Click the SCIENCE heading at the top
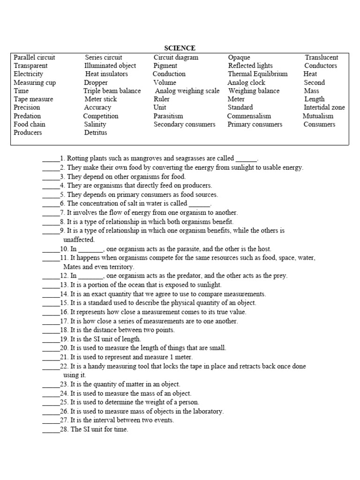point(180,48)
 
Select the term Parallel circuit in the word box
point(34,57)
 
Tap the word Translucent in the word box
point(322,57)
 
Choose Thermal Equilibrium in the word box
point(258,74)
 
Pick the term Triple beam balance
point(112,91)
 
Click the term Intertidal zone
point(324,107)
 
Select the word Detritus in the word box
point(96,133)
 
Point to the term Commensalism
point(249,116)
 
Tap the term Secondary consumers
point(184,124)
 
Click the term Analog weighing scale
point(187,91)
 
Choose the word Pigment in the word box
point(165,66)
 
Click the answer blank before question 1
point(51,159)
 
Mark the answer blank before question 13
point(51,285)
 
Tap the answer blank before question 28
point(51,429)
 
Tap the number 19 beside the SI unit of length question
point(64,339)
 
